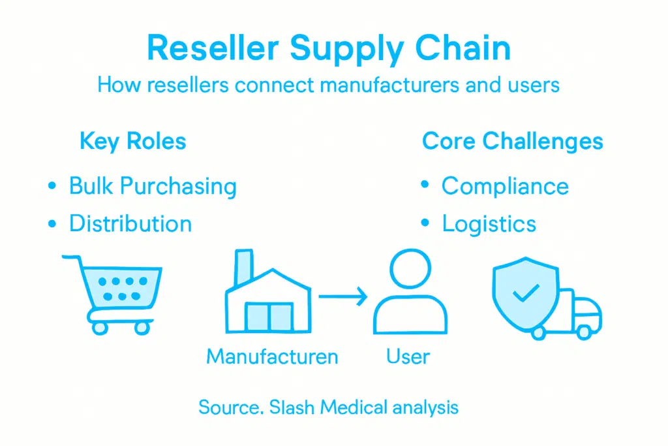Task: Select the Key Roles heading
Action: click(132, 141)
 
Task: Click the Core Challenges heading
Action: click(512, 141)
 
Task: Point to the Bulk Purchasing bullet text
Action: click(153, 186)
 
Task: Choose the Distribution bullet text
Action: click(130, 224)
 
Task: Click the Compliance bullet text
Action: click(505, 186)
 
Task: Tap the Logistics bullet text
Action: click(489, 224)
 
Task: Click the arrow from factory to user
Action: click(342, 298)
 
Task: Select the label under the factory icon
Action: click(272, 357)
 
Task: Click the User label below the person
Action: click(408, 357)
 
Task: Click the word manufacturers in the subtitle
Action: click(375, 85)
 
